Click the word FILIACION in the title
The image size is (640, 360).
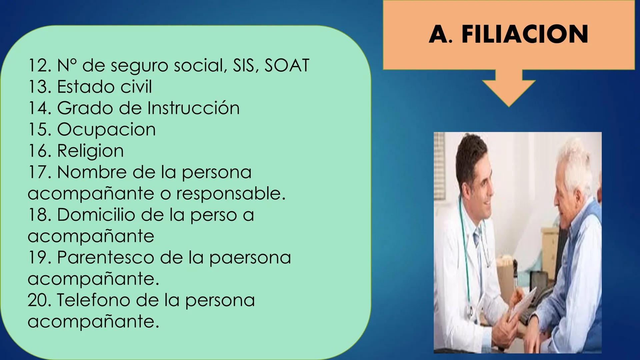525,34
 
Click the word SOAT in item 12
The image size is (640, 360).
287,65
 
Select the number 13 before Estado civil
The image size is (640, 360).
39,87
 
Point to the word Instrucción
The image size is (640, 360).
193,108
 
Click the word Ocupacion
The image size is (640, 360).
106,129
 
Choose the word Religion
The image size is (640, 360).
90,151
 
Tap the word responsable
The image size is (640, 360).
231,193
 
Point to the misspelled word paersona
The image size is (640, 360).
250,257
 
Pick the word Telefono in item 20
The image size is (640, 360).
94,300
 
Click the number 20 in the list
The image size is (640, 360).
39,300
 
